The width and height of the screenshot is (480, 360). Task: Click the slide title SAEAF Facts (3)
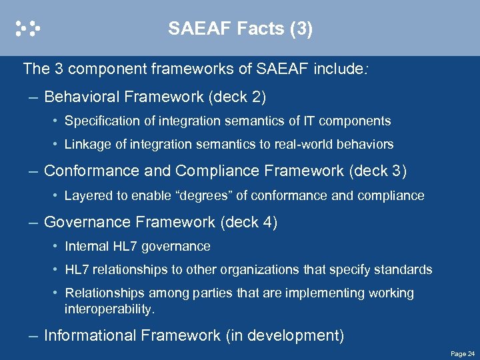(240, 29)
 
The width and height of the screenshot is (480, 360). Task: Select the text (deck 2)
(237, 97)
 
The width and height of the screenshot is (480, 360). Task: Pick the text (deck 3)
(377, 171)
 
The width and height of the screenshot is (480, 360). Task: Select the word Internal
(86, 247)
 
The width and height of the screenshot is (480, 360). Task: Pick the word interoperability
(109, 309)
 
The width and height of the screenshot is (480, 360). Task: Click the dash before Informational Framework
(33, 335)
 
